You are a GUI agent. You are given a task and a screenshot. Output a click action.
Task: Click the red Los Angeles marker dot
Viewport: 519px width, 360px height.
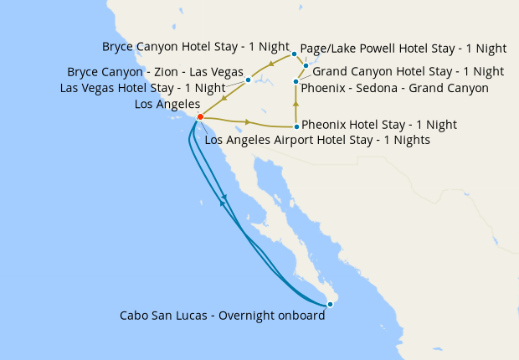200,117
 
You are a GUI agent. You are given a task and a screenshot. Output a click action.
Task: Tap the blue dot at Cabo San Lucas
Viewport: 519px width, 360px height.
331,304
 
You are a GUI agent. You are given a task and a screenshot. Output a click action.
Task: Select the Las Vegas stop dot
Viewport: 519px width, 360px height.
249,80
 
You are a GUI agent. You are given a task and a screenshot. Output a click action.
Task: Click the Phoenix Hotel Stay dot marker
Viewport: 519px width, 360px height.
296,126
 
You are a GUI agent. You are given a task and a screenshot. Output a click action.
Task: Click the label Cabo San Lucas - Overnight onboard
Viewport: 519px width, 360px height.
222,316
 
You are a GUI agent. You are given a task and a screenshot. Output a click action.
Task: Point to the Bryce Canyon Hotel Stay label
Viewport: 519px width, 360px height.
196,47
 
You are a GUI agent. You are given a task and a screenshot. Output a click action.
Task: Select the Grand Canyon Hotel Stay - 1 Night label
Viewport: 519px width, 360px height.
408,72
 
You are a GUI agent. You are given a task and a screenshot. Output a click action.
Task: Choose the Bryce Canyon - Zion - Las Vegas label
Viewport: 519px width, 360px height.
156,72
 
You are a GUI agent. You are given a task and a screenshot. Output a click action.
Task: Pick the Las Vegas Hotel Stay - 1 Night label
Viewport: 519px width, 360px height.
142,88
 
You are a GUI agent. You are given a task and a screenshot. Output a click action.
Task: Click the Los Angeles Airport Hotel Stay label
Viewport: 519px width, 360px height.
317,141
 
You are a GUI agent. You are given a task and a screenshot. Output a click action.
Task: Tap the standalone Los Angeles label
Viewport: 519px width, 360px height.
167,105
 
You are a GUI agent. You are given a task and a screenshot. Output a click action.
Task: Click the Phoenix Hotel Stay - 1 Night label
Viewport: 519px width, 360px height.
378,125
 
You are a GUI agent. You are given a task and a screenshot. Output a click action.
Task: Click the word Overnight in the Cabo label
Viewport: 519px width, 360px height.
255,316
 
